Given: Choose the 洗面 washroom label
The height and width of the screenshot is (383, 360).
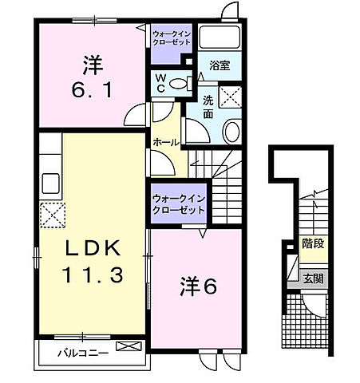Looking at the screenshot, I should pyautogui.click(x=208, y=106).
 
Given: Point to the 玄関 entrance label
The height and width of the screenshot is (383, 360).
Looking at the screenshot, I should pyautogui.click(x=312, y=278).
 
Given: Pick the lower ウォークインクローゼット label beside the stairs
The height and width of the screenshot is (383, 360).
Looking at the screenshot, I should pyautogui.click(x=177, y=204).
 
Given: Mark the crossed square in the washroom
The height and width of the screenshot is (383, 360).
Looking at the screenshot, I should pyautogui.click(x=231, y=97).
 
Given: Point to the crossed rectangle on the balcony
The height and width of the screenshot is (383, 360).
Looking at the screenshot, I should pyautogui.click(x=127, y=347).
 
